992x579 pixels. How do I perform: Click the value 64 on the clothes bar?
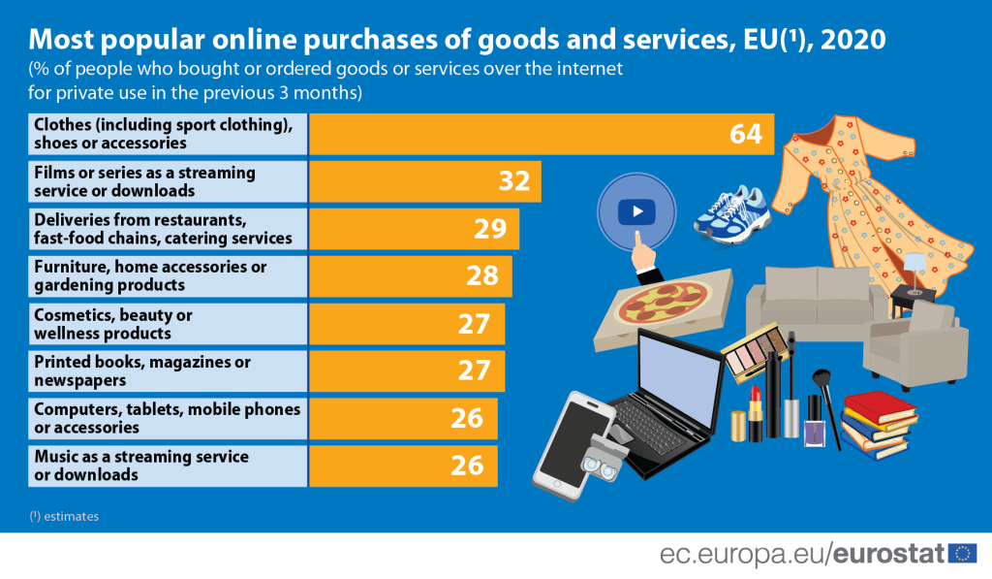747,134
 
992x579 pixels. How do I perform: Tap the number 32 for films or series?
512,181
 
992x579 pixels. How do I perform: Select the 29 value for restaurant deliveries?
490,229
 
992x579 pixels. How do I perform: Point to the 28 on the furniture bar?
481,275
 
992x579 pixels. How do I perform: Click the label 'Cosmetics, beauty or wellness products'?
113,324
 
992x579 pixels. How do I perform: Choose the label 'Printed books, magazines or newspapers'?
142,370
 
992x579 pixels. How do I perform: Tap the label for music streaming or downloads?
141,466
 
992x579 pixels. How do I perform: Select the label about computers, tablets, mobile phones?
167,418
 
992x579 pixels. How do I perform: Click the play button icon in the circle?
636,210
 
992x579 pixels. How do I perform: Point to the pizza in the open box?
663,303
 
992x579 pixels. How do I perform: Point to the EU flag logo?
962,554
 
